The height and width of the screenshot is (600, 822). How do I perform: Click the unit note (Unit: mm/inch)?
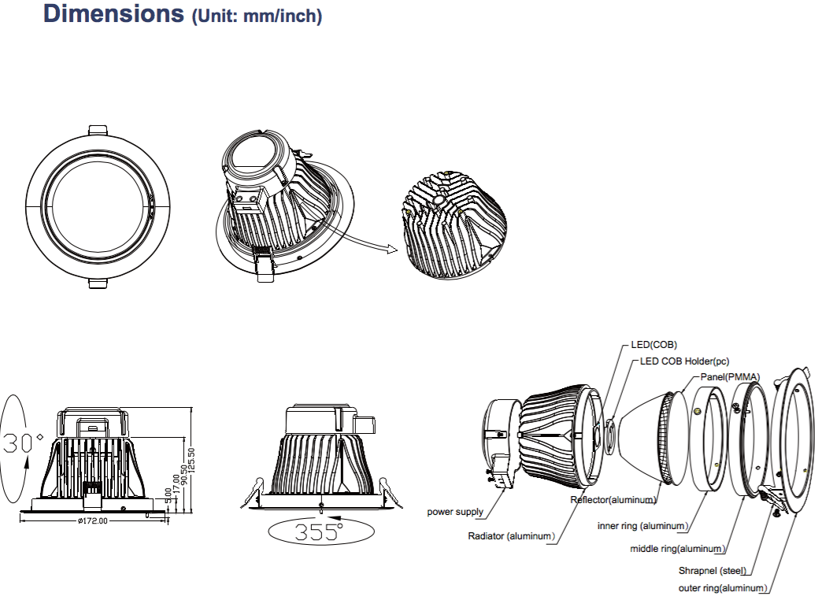257,16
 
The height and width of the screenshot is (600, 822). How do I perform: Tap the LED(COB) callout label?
654,345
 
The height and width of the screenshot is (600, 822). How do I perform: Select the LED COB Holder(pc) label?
684,361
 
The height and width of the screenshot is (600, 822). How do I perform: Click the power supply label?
455,512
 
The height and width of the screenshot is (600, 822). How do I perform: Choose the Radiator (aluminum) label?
511,536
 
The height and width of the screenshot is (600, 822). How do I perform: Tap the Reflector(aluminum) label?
613,500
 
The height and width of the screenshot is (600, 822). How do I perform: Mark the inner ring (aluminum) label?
642,525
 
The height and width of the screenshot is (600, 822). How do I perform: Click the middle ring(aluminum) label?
677,549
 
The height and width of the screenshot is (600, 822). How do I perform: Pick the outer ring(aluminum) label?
722,588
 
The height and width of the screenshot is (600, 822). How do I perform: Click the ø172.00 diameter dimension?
92,520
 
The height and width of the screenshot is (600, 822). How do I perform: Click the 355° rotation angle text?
318,531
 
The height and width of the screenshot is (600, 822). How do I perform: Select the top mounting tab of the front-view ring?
99,130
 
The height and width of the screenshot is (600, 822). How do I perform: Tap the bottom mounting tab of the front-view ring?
99,283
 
